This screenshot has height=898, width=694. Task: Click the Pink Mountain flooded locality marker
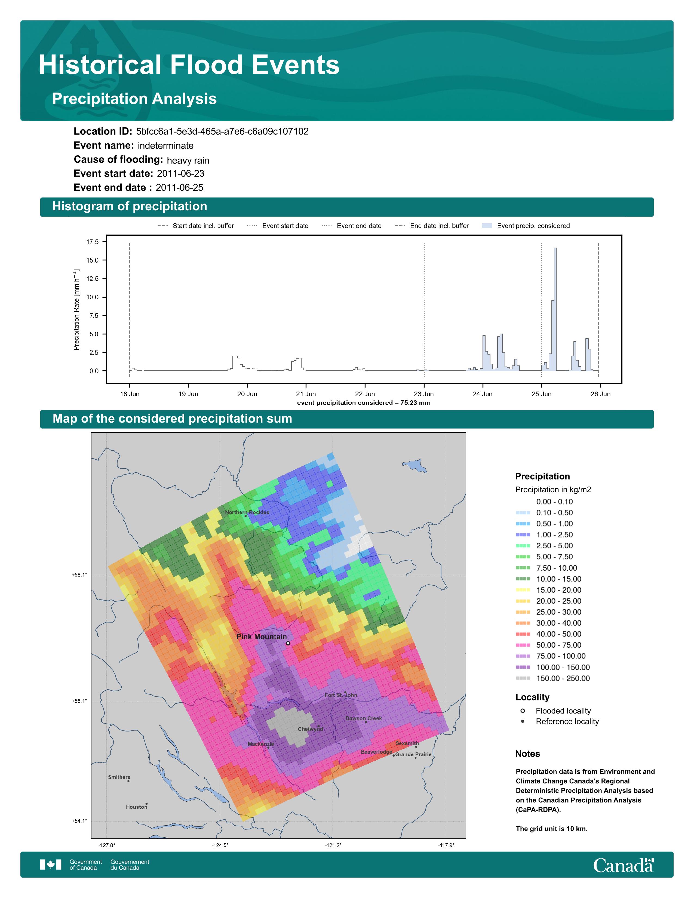point(288,643)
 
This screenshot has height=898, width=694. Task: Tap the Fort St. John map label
point(341,695)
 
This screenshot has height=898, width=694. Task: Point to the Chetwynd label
point(311,729)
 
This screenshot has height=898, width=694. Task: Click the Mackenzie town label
point(261,744)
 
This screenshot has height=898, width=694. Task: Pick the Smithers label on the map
point(119,777)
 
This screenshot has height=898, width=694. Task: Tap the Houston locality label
point(137,807)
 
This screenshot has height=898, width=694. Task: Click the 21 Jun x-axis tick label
point(306,394)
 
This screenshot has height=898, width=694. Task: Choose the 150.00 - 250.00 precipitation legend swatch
point(523,678)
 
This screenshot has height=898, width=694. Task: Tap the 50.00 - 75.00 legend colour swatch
point(523,645)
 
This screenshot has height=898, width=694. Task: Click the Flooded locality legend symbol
point(523,711)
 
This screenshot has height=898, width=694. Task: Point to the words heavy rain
point(188,160)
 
